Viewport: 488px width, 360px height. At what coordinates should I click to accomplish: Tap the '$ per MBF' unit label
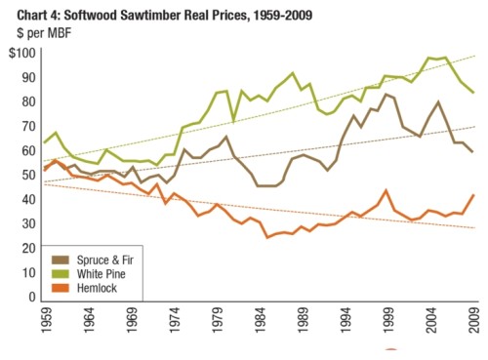[x=36, y=30]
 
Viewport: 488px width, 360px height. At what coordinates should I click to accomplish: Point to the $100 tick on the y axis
[x=20, y=52]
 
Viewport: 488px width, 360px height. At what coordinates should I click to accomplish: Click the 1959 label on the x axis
[x=46, y=320]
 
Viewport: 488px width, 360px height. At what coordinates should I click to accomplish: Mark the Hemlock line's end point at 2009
[x=474, y=194]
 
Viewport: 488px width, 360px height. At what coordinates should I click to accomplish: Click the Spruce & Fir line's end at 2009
[x=474, y=152]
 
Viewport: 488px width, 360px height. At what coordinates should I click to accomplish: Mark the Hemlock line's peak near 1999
[x=387, y=190]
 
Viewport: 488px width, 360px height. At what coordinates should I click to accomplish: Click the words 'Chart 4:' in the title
[x=27, y=12]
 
